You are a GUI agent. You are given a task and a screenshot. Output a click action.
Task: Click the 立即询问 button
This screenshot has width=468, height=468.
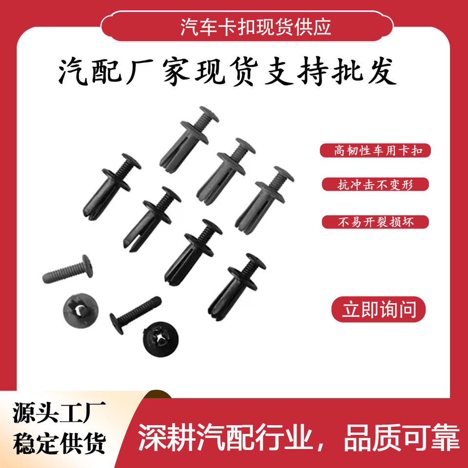click(x=378, y=309)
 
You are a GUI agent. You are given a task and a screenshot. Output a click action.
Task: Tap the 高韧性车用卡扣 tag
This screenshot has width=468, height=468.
click(x=375, y=151)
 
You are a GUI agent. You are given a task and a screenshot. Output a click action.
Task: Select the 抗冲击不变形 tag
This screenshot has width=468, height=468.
click(x=375, y=184)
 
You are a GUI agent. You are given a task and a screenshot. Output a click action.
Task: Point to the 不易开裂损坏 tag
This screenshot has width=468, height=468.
click(x=375, y=222)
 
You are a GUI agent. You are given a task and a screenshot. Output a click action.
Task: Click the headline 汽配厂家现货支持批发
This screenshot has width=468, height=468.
click(x=228, y=72)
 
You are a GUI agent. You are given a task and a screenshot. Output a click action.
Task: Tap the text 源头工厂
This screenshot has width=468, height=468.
click(x=59, y=412)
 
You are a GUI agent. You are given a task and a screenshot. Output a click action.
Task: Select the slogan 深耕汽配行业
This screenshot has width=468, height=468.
click(x=225, y=437)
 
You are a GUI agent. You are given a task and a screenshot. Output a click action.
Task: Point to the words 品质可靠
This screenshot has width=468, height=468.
click(x=402, y=437)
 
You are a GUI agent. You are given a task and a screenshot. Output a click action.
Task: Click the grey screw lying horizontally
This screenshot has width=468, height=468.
click(x=68, y=269)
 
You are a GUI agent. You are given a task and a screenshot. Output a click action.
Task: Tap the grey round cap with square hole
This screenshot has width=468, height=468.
click(x=80, y=311)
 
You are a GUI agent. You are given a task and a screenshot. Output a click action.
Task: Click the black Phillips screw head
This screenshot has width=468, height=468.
click(x=161, y=339)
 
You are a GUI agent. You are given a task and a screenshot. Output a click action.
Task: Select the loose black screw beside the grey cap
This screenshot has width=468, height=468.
click(x=136, y=315)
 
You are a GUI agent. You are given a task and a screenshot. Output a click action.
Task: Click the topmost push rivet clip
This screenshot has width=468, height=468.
click(x=189, y=139)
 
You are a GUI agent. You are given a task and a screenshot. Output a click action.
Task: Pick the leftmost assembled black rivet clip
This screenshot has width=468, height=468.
click(x=112, y=187)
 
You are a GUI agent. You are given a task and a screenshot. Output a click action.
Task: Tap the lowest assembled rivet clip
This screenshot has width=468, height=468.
click(x=237, y=287)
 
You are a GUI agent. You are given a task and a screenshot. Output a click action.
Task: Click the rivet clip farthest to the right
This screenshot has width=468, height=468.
click(x=264, y=200)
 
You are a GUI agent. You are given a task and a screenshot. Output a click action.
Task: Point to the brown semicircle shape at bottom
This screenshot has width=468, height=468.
click(x=157, y=394)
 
